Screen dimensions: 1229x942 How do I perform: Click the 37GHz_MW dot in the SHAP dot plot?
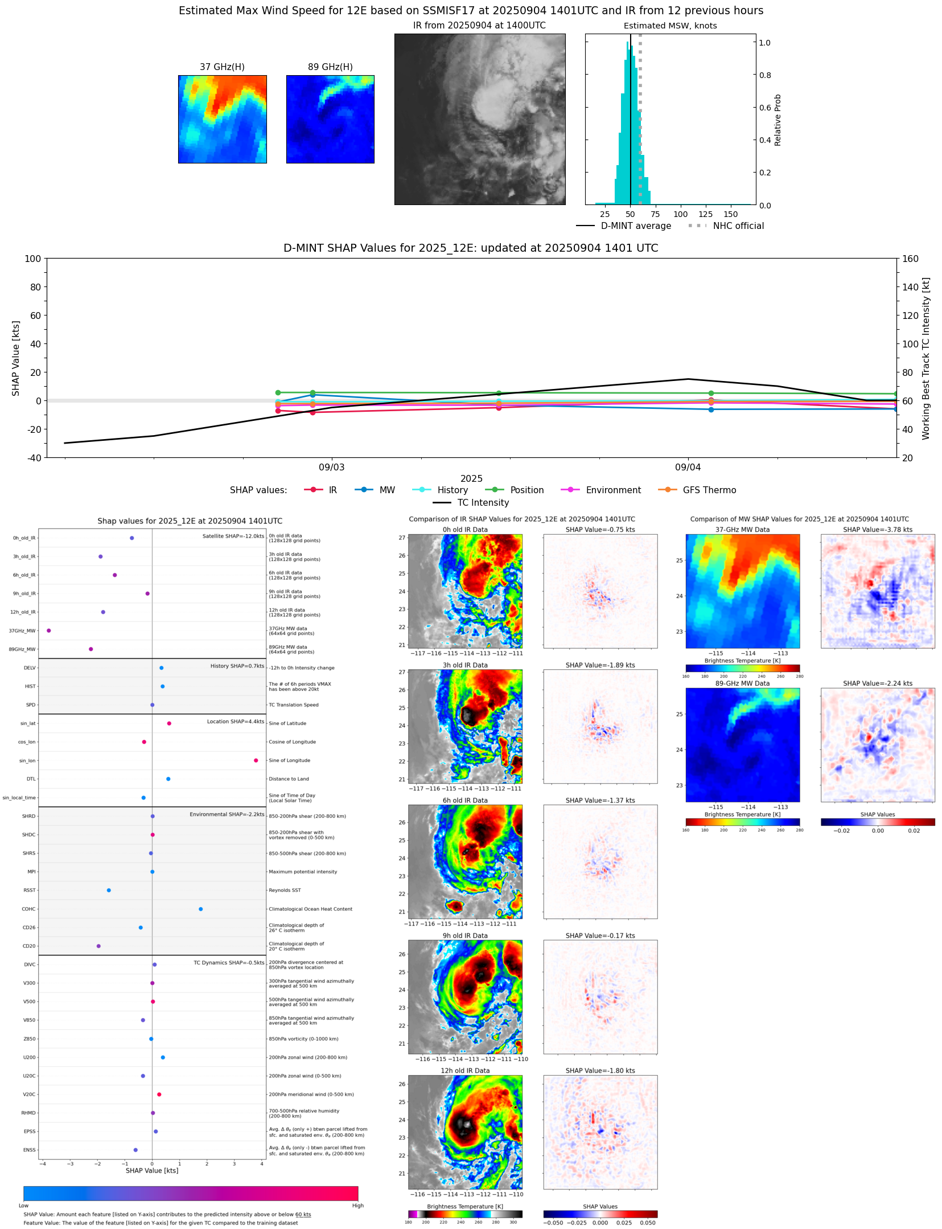pyautogui.click(x=48, y=630)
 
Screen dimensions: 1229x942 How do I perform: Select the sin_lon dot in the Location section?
pyautogui.click(x=256, y=760)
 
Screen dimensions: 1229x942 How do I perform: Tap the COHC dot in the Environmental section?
pyautogui.click(x=200, y=909)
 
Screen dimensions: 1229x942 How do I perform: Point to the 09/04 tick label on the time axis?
pyautogui.click(x=688, y=468)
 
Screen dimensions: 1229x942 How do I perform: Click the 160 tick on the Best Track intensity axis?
pyautogui.click(x=910, y=259)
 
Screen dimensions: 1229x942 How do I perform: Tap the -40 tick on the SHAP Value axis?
pyautogui.click(x=32, y=457)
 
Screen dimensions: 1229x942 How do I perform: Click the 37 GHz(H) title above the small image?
pyautogui.click(x=222, y=67)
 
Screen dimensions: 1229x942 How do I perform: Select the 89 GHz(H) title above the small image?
pyautogui.click(x=330, y=67)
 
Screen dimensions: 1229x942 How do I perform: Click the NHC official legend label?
pyautogui.click(x=738, y=226)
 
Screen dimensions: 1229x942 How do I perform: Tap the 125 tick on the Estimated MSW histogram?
pyautogui.click(x=706, y=214)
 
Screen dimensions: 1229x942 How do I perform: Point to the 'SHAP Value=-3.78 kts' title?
pyautogui.click(x=877, y=530)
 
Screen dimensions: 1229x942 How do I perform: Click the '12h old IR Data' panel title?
pyautogui.click(x=465, y=1071)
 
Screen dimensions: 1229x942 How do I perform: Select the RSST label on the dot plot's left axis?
pyautogui.click(x=29, y=890)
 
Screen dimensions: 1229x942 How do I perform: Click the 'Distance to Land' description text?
pyautogui.click(x=289, y=779)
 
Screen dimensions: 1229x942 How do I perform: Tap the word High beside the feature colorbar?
pyautogui.click(x=357, y=1206)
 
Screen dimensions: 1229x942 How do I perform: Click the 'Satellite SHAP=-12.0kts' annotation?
pyautogui.click(x=233, y=536)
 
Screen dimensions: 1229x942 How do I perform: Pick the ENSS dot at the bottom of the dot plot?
pyautogui.click(x=135, y=1150)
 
